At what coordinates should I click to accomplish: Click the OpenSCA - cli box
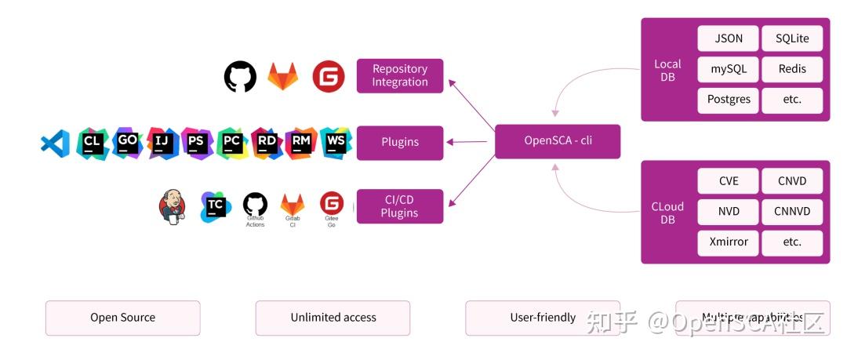coord(557,141)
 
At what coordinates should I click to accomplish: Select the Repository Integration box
coord(400,76)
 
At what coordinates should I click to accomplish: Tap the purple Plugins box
coord(400,143)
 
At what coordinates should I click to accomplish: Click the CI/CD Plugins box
coord(400,206)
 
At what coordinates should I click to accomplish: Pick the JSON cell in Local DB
coord(729,38)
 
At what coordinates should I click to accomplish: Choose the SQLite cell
coord(792,38)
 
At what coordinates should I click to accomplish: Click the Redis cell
coord(792,69)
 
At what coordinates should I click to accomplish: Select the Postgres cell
coord(729,100)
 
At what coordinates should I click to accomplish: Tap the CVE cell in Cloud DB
coord(729,181)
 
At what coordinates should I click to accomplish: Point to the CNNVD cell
coord(792,211)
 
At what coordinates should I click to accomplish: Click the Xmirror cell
coord(729,242)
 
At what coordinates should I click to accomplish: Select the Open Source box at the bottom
coord(122,318)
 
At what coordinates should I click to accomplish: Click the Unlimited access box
coord(333,318)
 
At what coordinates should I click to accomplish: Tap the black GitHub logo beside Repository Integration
coord(240,77)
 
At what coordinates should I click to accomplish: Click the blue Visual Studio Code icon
coord(55,143)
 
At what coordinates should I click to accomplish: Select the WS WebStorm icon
coord(336,143)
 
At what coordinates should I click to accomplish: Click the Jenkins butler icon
coord(173,206)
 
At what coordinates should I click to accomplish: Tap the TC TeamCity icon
coord(216,206)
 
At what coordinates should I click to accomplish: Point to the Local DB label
coord(667,70)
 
